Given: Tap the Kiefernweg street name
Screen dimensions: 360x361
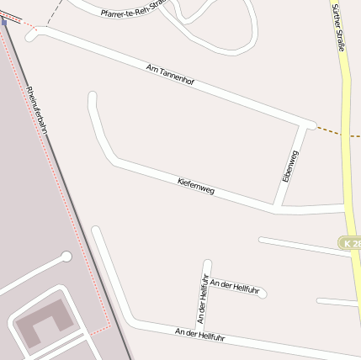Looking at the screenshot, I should [196, 186].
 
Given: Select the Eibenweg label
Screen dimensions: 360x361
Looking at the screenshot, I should [290, 167].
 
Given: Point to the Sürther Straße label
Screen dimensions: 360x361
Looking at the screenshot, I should [338, 26].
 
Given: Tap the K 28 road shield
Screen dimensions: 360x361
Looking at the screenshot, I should [351, 242].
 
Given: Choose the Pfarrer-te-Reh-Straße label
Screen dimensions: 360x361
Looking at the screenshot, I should [130, 10].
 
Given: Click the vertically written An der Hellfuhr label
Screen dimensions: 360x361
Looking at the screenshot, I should [202, 299].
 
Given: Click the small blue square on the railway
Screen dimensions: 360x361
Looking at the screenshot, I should [3, 23].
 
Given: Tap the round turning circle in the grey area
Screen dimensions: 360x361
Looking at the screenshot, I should [66, 257].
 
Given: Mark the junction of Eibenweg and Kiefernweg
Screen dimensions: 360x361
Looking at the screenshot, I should [278, 204].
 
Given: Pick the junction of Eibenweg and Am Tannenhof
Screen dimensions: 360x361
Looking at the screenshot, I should [304, 126].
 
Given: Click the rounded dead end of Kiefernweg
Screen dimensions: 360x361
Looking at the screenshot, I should [93, 97].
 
